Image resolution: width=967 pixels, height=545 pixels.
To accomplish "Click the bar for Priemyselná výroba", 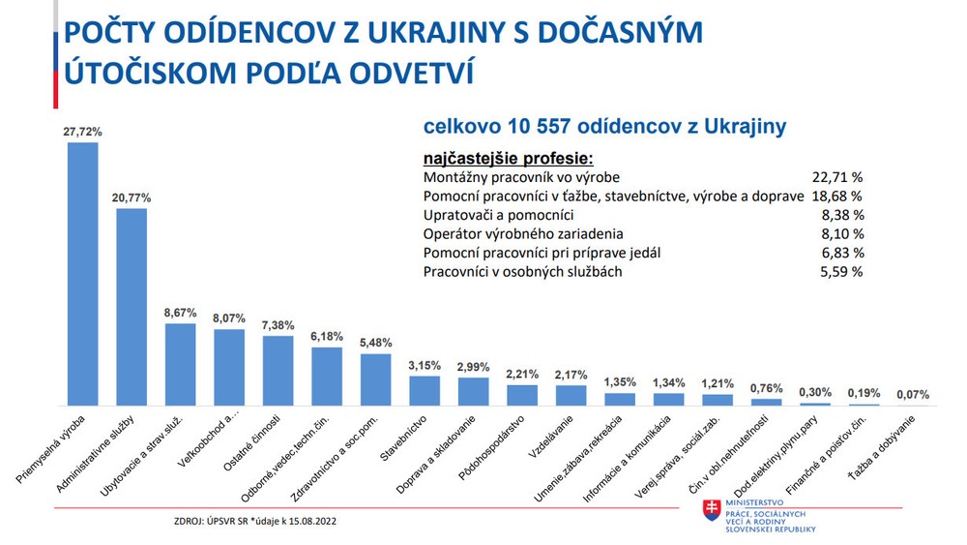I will [82, 274].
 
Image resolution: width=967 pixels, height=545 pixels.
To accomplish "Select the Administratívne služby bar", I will [132, 307].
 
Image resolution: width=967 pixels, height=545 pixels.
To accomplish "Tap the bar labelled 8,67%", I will [181, 364].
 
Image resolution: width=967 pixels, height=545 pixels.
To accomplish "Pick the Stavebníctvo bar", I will [425, 390].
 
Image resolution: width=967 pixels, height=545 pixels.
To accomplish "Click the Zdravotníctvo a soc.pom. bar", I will [376, 379].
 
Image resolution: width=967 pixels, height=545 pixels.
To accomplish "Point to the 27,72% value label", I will [83, 131].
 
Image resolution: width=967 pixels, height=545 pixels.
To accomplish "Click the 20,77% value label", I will [132, 197].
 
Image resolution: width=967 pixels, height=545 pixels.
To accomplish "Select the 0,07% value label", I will [912, 394].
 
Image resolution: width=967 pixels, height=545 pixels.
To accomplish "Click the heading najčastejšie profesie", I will [507, 158].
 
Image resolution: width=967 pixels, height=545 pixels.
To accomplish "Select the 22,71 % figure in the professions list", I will [837, 178].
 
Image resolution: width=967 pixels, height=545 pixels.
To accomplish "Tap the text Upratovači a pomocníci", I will [499, 215].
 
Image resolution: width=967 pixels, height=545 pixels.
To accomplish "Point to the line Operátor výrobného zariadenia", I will [523, 233].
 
